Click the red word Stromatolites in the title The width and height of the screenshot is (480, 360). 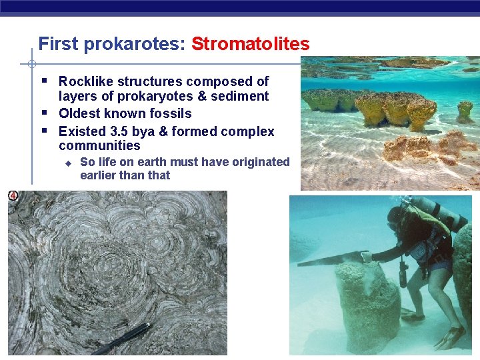coord(250,45)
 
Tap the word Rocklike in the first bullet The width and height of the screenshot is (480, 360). coord(86,81)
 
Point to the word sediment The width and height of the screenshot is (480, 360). coord(241,97)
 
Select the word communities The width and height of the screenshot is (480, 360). coord(99,146)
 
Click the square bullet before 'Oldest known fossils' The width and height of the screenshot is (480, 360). coord(43,113)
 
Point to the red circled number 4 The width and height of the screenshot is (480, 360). coord(13,195)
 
